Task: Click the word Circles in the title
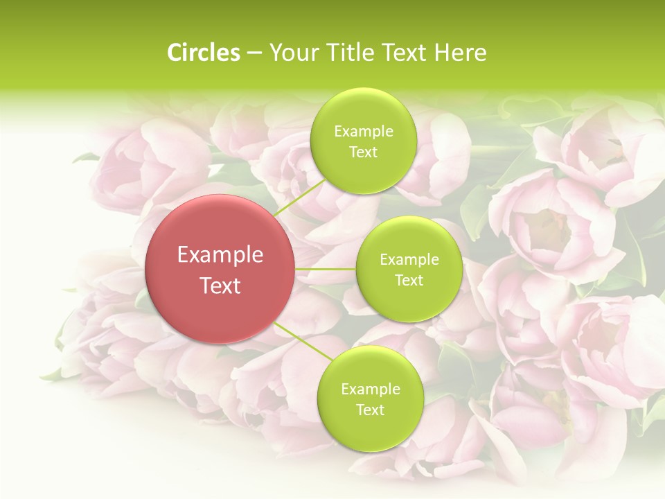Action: tap(204, 53)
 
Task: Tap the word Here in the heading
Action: tap(459, 53)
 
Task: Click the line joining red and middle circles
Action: tap(325, 269)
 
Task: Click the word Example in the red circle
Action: tap(220, 255)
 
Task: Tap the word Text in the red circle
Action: tap(220, 286)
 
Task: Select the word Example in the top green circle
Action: tap(363, 132)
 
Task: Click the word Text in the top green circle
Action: tap(363, 152)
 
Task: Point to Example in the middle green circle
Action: tap(409, 260)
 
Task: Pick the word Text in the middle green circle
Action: tap(409, 281)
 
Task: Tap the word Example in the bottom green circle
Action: tap(370, 389)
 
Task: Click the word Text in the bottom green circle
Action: tap(370, 410)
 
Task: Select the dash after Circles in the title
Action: tap(254, 53)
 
